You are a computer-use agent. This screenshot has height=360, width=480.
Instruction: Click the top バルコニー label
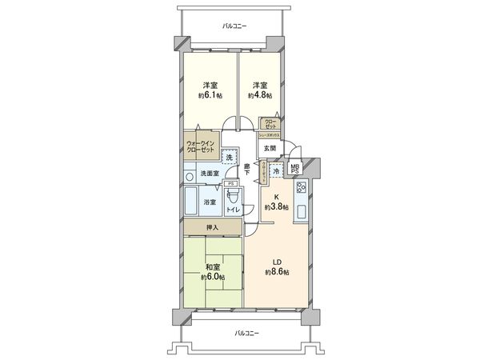[234, 26]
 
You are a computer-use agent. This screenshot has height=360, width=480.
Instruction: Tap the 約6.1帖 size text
[211, 95]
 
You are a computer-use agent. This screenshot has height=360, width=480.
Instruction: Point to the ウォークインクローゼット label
[200, 146]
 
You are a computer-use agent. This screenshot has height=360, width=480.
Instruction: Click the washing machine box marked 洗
[230, 158]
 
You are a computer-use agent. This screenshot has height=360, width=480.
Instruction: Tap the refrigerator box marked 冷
[276, 171]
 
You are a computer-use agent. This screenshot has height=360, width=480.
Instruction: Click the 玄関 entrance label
[268, 148]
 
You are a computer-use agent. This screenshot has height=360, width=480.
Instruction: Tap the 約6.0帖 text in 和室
[212, 276]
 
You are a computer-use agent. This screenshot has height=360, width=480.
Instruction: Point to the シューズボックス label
[267, 136]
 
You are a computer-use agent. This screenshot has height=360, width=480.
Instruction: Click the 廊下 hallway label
[247, 170]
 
